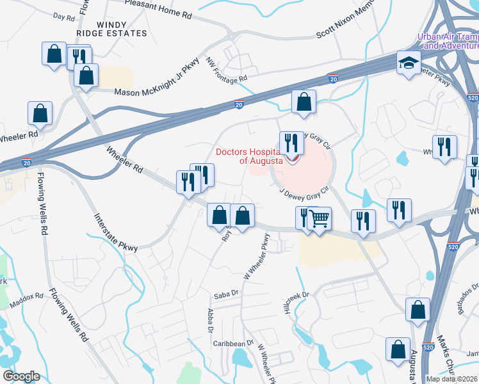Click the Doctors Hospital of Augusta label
(x=249, y=157)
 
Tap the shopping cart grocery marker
(x=319, y=219)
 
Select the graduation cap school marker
(x=409, y=63)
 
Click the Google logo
(x=21, y=376)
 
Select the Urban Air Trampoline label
(x=448, y=42)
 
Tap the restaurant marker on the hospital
(x=291, y=144)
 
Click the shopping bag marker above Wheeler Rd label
(x=40, y=114)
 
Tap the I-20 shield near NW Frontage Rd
(x=238, y=103)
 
